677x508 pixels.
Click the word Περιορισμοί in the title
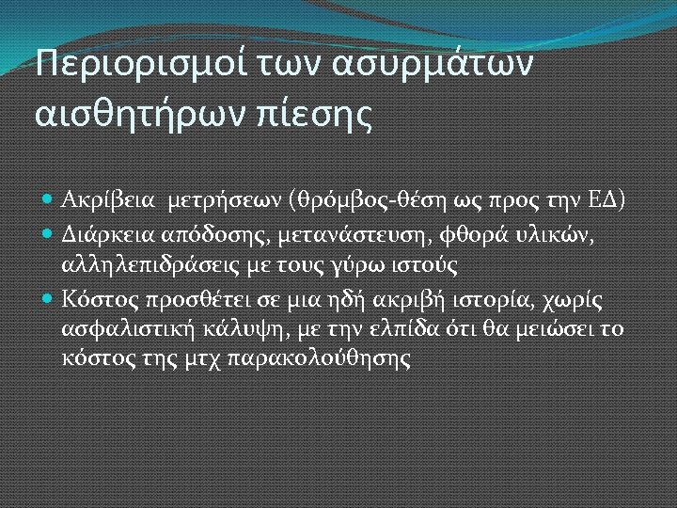(x=134, y=67)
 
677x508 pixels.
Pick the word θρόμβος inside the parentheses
(x=337, y=200)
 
